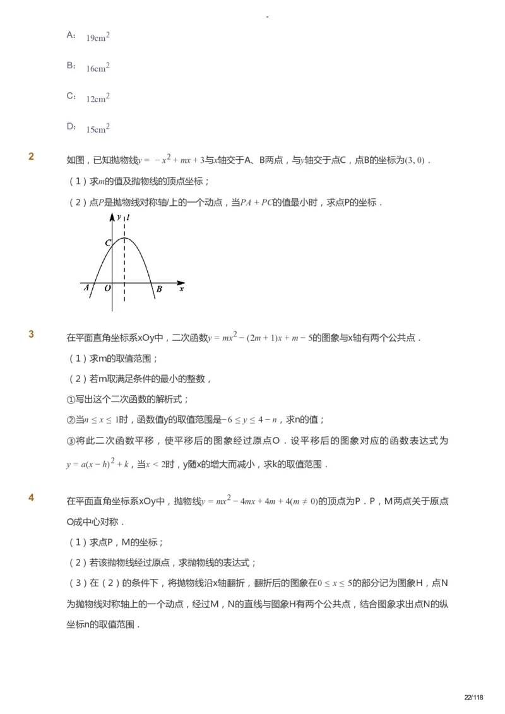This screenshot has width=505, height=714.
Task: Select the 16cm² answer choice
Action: tap(98, 67)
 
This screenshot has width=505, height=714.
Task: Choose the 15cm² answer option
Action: tap(98, 128)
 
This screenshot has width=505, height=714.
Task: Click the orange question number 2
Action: tap(32, 157)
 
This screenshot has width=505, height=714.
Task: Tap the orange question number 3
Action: tap(32, 335)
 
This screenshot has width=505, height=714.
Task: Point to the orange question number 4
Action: tap(32, 497)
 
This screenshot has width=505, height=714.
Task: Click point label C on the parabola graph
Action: tap(108, 243)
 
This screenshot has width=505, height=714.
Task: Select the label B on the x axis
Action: tap(159, 289)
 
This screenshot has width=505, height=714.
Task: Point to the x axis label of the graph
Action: tap(182, 289)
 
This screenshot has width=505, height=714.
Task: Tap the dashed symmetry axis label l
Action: tap(128, 217)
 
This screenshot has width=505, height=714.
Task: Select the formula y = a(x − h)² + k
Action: tap(98, 464)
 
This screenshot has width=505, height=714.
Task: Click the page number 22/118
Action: tap(473, 697)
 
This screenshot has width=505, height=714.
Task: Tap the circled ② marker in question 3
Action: tap(71, 420)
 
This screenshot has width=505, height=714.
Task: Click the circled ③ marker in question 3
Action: tap(71, 440)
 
